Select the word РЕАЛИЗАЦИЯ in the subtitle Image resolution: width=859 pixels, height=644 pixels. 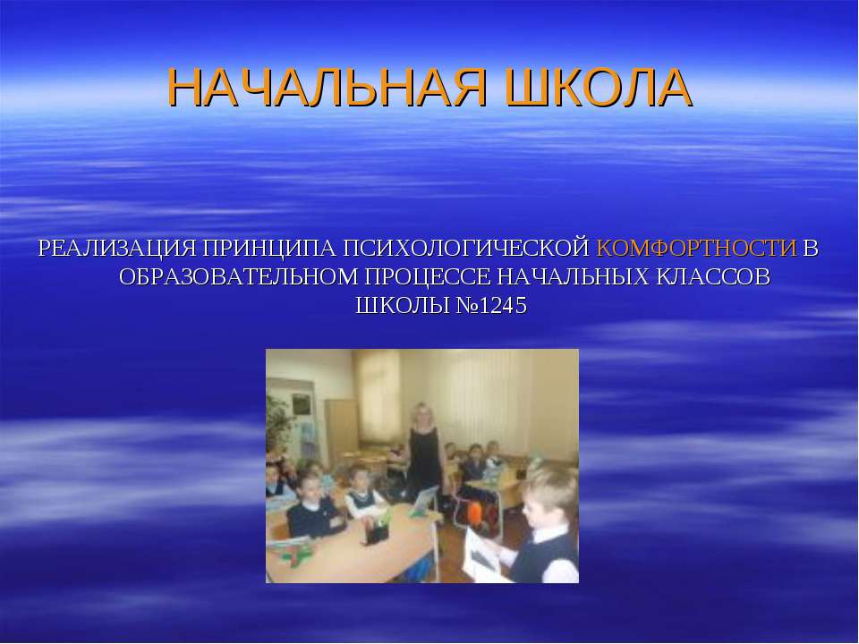pos(118,248)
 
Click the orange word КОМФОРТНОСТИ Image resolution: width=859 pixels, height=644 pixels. pos(696,248)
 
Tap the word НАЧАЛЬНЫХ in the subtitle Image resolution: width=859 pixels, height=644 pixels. pos(572,276)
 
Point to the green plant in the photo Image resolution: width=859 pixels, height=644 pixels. pos(277,420)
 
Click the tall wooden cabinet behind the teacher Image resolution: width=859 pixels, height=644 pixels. pos(341,429)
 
